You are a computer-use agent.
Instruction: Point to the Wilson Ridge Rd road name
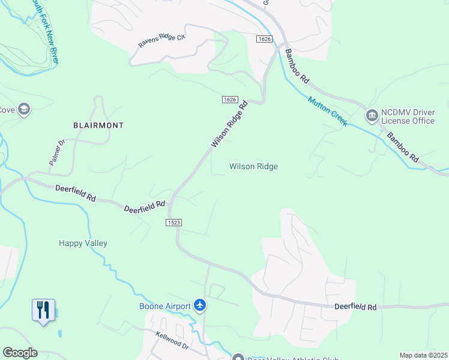coord(229,125)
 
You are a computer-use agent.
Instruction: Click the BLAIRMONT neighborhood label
coord(98,125)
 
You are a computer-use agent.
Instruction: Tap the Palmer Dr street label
coord(56,153)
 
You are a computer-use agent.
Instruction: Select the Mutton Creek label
coord(328,111)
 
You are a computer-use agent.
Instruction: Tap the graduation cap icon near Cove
coord(24,109)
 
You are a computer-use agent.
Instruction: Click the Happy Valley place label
coord(83,243)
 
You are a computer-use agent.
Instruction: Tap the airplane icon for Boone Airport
coord(200,306)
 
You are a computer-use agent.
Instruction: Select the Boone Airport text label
coord(165,306)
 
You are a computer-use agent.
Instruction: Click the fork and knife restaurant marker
coord(43,310)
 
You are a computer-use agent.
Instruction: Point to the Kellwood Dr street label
coord(172,341)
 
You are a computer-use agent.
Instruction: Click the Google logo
coord(20,353)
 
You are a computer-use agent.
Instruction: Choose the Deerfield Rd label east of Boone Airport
coord(355,307)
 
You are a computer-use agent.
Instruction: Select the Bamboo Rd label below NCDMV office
coord(402,148)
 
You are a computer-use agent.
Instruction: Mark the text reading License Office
coord(407,121)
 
